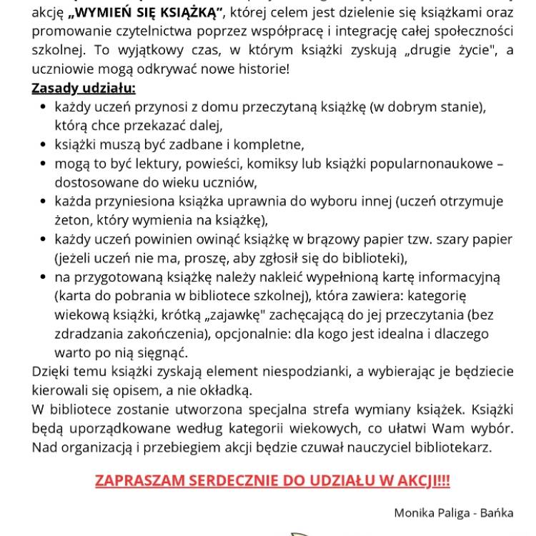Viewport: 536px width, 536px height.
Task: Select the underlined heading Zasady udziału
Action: (83, 89)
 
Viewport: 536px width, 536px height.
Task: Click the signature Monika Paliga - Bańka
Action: (453, 512)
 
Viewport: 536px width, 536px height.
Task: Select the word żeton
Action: (71, 219)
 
